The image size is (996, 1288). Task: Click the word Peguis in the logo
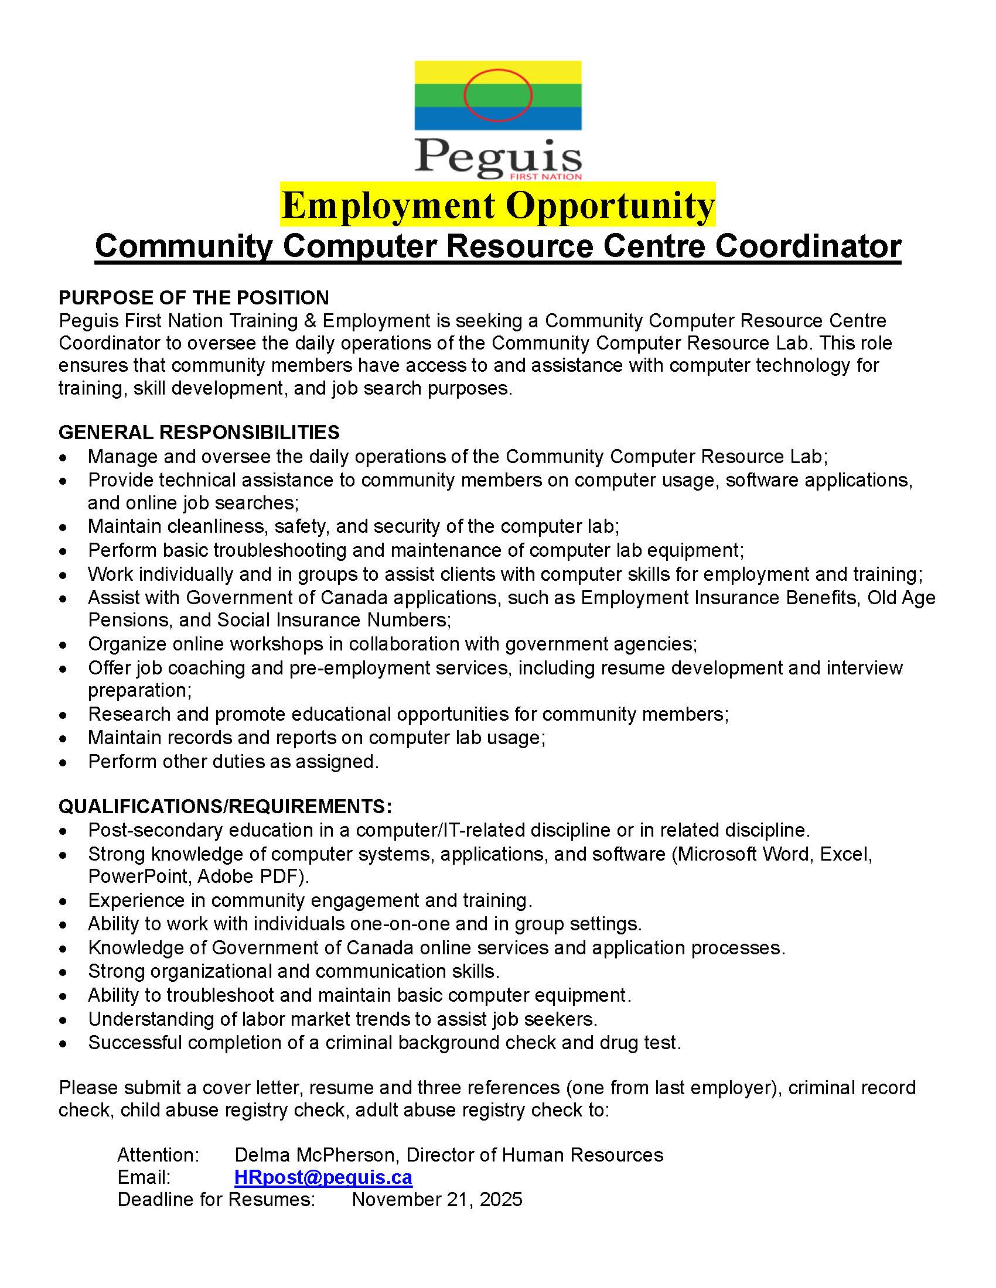497,156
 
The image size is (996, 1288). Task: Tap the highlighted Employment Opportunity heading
497,205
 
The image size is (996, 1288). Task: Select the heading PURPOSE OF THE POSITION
193,297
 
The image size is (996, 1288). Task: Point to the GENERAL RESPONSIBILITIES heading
199,432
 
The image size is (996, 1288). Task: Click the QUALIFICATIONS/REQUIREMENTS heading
225,806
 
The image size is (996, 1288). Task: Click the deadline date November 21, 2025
436,1199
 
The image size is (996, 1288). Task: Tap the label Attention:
158,1154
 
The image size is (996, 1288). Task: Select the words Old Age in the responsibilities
901,597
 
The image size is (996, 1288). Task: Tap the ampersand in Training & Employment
310,321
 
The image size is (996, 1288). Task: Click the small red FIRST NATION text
545,176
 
